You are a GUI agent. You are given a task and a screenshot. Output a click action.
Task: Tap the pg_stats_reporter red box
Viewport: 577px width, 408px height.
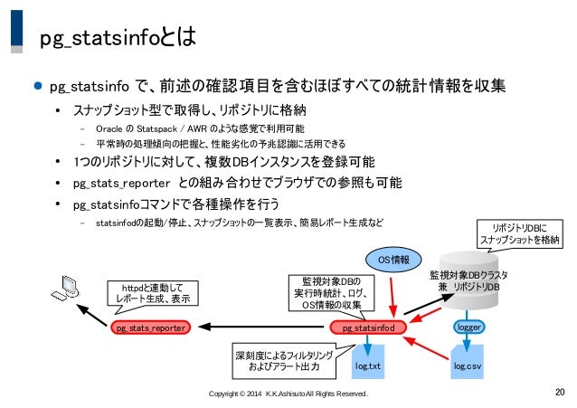click(151, 328)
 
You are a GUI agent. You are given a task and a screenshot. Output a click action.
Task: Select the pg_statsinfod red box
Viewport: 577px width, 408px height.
click(368, 328)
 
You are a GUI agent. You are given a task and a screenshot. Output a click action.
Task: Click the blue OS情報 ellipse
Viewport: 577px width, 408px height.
click(393, 260)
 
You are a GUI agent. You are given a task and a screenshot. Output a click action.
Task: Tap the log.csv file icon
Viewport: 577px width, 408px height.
click(467, 364)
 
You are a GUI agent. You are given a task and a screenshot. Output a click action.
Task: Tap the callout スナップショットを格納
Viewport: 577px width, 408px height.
click(522, 233)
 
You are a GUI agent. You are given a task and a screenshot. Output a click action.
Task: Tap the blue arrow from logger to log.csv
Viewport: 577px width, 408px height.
click(467, 339)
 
